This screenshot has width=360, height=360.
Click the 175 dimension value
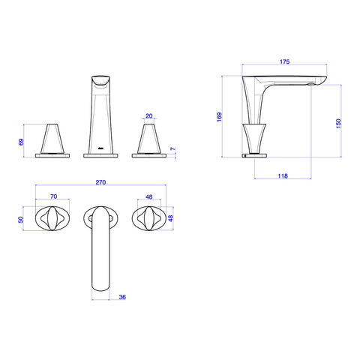click(284, 61)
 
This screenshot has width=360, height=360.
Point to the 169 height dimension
click(219, 117)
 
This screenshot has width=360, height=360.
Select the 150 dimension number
click(338, 124)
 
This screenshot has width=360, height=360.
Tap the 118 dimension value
click(283, 176)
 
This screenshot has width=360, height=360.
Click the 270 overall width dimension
click(100, 182)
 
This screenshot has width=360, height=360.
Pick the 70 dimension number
click(54, 196)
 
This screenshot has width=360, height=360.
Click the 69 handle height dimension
click(21, 142)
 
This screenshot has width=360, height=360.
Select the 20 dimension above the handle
click(148, 116)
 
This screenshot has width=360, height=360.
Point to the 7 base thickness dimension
click(173, 149)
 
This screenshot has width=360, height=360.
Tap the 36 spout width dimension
click(122, 297)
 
